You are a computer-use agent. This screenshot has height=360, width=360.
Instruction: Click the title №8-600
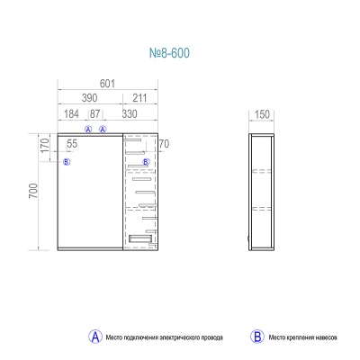[169, 53]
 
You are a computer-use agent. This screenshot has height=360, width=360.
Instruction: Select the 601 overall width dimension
[107, 84]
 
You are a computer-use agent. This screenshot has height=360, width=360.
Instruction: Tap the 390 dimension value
[89, 98]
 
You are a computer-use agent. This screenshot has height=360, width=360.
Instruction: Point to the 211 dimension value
[139, 98]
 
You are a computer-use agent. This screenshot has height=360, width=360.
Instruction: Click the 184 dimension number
[71, 114]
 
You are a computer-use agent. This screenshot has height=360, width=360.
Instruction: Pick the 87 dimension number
[94, 114]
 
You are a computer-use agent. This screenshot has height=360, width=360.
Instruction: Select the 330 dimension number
[130, 114]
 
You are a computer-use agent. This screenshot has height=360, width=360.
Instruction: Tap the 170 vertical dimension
[45, 146]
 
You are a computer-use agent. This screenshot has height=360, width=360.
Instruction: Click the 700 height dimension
[33, 191]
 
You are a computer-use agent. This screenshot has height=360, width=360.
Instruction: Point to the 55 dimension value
[72, 144]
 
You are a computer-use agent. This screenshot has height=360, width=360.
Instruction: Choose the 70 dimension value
[164, 144]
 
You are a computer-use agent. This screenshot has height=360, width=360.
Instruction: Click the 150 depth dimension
[262, 114]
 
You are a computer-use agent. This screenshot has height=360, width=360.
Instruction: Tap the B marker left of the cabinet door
[67, 162]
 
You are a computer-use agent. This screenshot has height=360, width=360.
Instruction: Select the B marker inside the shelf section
[146, 162]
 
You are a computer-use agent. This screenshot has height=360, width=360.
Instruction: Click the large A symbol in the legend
[95, 337]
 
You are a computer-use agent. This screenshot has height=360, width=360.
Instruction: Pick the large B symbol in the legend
[257, 337]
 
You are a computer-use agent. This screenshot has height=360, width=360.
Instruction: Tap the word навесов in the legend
[326, 337]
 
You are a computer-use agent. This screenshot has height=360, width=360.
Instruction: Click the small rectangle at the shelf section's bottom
[140, 239]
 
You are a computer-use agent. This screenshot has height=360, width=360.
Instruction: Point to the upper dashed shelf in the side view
[262, 172]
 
